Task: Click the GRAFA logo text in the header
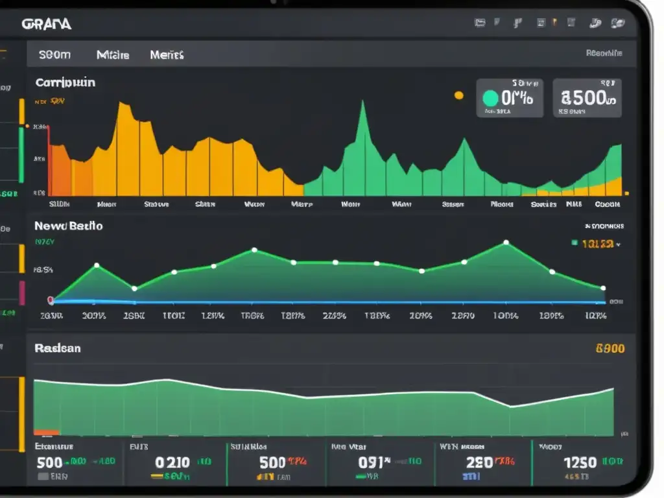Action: click(x=46, y=24)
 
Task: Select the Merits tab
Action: click(x=167, y=55)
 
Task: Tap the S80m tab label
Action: click(x=54, y=55)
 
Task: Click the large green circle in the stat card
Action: click(x=491, y=98)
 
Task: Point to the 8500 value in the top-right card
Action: click(x=587, y=98)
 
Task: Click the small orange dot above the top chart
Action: click(x=459, y=95)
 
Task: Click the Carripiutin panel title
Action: click(x=65, y=83)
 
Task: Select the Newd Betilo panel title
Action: click(x=68, y=226)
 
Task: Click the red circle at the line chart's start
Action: click(x=51, y=300)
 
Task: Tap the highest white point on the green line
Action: click(x=506, y=243)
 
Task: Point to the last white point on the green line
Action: click(x=603, y=287)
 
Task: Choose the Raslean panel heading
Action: click(x=58, y=348)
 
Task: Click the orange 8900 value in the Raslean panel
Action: click(x=610, y=348)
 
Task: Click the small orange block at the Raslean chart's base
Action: click(x=47, y=432)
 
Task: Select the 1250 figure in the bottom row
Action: click(x=580, y=462)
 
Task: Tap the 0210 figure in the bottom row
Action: click(x=172, y=462)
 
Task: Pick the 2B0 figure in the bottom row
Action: click(x=479, y=462)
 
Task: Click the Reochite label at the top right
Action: click(x=604, y=53)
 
